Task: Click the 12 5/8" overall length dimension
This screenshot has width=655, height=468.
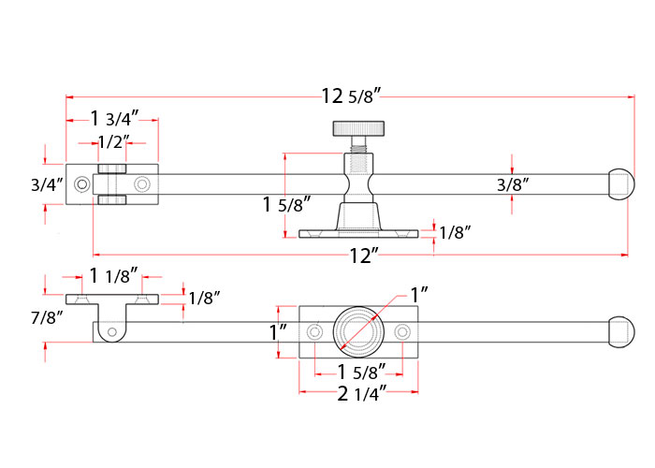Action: [x=351, y=96]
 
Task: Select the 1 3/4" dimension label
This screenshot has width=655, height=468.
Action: [x=114, y=119]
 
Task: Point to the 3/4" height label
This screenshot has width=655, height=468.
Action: [x=47, y=184]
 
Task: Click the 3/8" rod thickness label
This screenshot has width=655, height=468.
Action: [x=513, y=184]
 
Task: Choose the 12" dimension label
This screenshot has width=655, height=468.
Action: [x=364, y=256]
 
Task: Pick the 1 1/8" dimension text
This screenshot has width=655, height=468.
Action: [x=113, y=276]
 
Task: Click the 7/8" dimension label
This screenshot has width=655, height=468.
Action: [x=47, y=317]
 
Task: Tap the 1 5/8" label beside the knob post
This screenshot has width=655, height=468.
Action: [x=286, y=205]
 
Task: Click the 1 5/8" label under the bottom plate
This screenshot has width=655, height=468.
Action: [x=361, y=373]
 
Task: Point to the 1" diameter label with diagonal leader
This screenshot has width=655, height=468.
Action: [x=419, y=295]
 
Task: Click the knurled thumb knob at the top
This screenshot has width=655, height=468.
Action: [x=358, y=129]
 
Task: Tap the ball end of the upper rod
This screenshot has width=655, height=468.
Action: [x=620, y=184]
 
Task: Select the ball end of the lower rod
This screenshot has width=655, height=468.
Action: [x=620, y=332]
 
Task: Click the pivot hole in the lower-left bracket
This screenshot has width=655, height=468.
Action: [x=112, y=332]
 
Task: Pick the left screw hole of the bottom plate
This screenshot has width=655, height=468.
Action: [x=314, y=332]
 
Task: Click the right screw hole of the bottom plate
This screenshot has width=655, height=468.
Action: [x=402, y=332]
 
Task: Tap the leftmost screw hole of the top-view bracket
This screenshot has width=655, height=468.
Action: [x=82, y=184]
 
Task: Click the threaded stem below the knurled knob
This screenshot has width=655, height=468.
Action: [x=358, y=144]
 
